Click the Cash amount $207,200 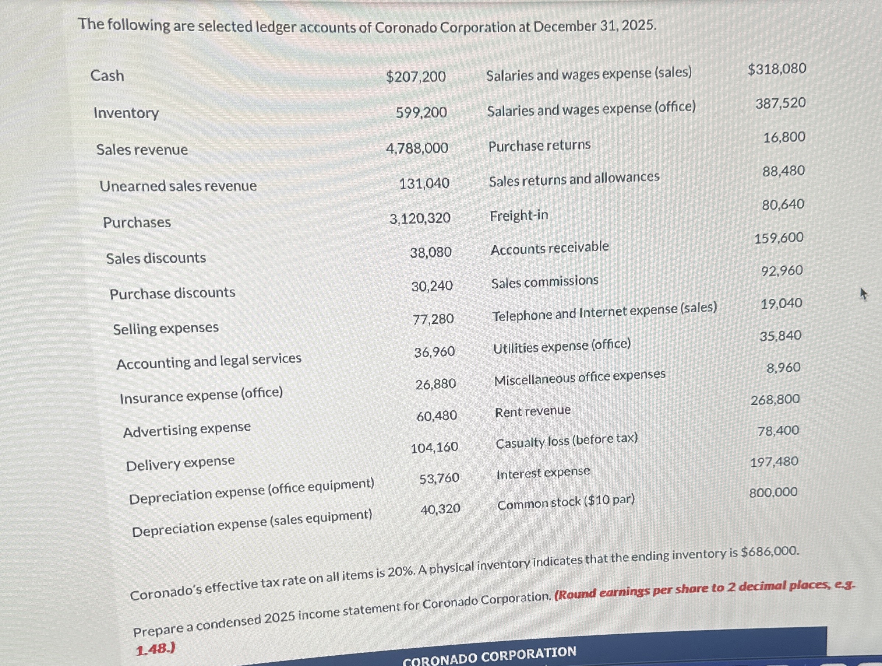click(x=416, y=76)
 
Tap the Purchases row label click(x=137, y=222)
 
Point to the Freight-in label click(x=519, y=216)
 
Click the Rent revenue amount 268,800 click(x=775, y=399)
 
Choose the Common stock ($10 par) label click(x=566, y=502)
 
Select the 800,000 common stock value click(x=773, y=493)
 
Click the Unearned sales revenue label click(x=178, y=186)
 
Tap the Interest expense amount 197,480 click(x=775, y=462)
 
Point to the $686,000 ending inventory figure click(x=770, y=552)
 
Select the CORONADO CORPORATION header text click(x=489, y=655)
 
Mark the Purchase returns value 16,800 click(x=784, y=137)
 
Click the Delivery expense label click(x=180, y=463)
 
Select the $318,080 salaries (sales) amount click(x=777, y=69)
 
